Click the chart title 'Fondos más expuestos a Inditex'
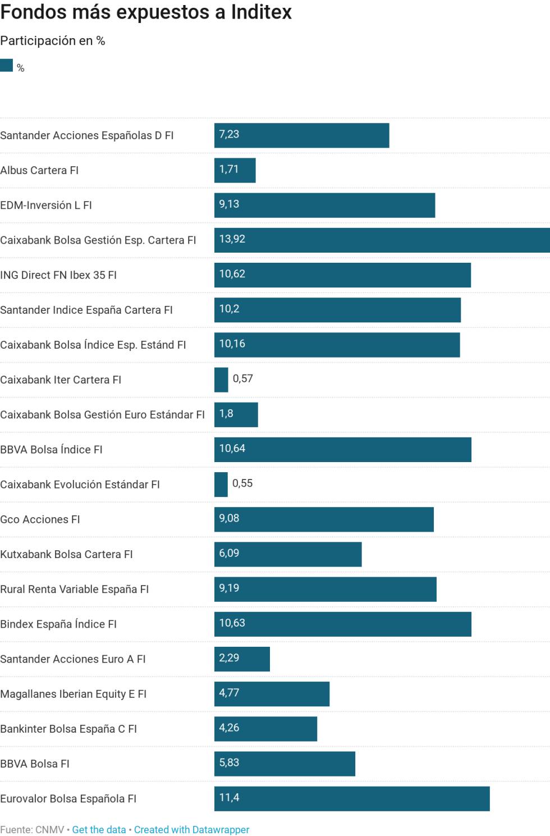point(146,12)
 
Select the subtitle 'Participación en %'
point(53,40)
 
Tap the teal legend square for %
point(7,65)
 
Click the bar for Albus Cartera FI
point(235,170)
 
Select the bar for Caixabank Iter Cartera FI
point(221,380)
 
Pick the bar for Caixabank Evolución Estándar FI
point(221,485)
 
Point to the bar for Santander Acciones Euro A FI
point(242,659)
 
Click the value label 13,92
point(232,239)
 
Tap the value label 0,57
point(243,378)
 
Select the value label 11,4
point(229,797)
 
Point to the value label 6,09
point(229,553)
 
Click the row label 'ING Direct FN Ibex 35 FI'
point(58,275)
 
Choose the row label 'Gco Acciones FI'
point(40,519)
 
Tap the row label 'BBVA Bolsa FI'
point(35,764)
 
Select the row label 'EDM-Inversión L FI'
point(46,205)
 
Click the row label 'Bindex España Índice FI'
point(58,624)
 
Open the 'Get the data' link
point(99,829)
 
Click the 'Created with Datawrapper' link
point(191,829)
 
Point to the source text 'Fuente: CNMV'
point(32,829)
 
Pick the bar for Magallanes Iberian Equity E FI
point(272,694)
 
